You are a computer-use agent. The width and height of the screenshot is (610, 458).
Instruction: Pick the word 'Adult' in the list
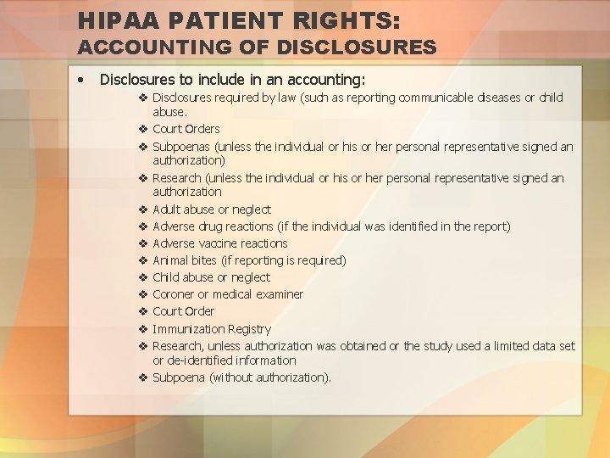point(167,209)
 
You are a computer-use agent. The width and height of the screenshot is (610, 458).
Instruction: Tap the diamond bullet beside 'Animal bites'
point(143,260)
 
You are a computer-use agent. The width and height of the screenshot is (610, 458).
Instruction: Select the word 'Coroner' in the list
point(174,294)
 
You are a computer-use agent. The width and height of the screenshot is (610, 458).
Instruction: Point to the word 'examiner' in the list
point(279,294)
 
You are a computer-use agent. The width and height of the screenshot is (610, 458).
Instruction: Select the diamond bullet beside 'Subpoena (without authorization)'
point(143,377)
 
